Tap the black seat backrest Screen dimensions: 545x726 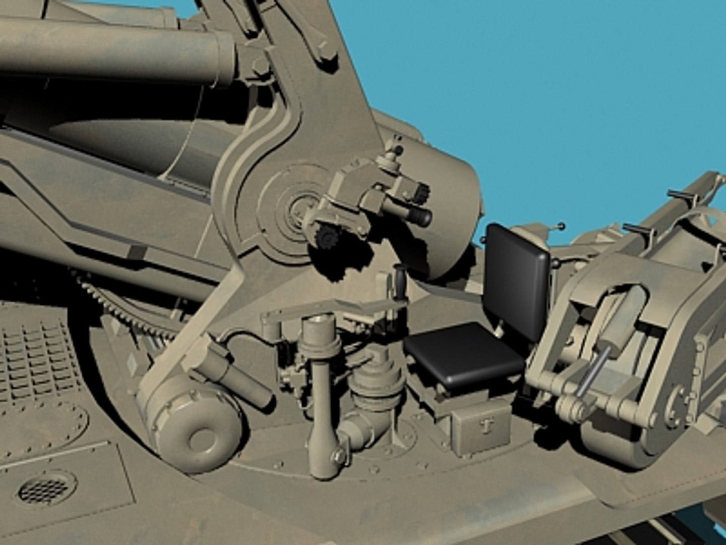click(517, 280)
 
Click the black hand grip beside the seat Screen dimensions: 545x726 click(400, 283)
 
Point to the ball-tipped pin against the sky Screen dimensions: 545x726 click(561, 226)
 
